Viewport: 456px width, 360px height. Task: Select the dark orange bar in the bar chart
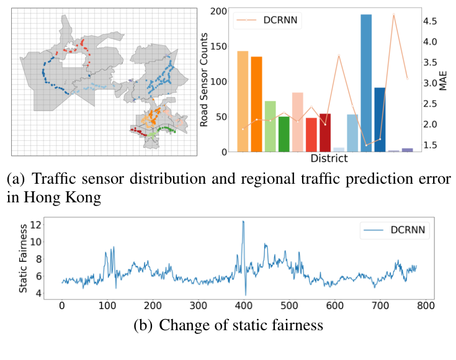[x=256, y=104]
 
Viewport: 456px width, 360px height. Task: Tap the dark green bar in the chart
[x=284, y=134]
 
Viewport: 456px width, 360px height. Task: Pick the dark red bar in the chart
[x=324, y=133]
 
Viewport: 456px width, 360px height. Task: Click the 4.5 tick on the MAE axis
[x=431, y=21]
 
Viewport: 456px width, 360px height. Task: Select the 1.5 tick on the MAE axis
[x=431, y=145]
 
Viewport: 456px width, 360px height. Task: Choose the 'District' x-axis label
[x=328, y=159]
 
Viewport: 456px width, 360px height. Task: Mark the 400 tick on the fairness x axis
[x=244, y=306]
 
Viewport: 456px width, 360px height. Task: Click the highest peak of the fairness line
[x=243, y=222]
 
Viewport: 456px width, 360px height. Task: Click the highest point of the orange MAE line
[x=393, y=15]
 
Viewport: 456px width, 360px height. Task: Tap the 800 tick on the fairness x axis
[x=426, y=306]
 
